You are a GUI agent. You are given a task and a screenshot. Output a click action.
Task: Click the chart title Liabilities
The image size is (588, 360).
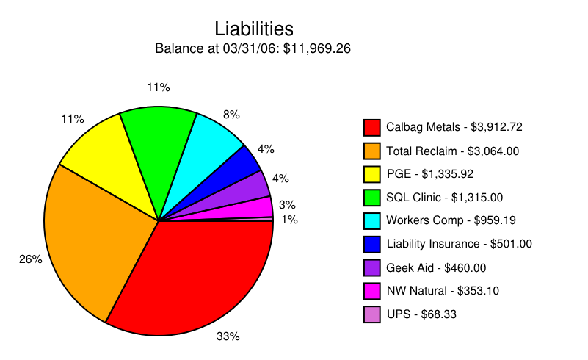[x=254, y=29]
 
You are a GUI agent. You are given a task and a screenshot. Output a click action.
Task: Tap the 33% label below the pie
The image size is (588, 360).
[x=228, y=336]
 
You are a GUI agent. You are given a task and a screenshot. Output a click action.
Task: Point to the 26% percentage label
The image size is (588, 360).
[x=30, y=259]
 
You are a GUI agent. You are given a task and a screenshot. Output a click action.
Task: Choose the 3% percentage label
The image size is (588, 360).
[x=287, y=204]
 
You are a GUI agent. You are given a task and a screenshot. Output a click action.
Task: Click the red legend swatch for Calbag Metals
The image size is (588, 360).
[x=372, y=127]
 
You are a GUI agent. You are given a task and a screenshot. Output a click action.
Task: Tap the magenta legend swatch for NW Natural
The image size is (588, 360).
[x=372, y=290]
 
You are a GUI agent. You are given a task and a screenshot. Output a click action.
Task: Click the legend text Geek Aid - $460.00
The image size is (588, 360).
[x=436, y=267]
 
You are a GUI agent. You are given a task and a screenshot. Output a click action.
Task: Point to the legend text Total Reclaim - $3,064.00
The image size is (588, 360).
[x=452, y=151]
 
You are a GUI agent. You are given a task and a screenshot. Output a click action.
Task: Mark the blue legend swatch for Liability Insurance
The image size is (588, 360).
[x=372, y=244]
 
